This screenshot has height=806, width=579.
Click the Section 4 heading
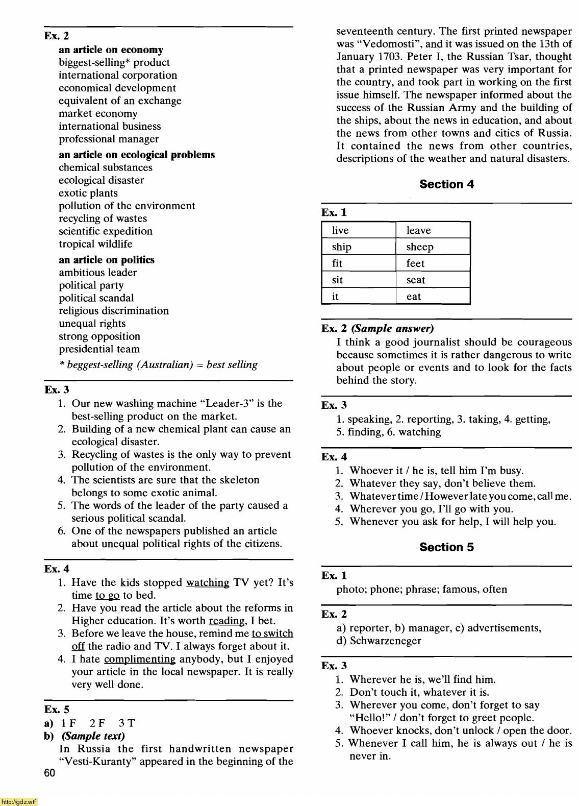point(446,184)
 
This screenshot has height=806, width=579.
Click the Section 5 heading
point(446,547)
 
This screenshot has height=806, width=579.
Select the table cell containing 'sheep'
point(433,247)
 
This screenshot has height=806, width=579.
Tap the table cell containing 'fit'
point(359,263)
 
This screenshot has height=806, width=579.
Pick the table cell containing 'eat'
point(433,297)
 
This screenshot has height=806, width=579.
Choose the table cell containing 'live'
point(359,230)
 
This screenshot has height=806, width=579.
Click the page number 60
point(49,773)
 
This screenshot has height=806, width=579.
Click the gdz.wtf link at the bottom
point(19,801)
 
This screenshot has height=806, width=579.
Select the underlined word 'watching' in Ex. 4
point(208,582)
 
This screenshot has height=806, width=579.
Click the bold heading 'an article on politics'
point(106,260)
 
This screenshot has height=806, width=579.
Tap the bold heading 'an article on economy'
point(111,50)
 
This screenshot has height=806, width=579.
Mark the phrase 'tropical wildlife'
point(95,244)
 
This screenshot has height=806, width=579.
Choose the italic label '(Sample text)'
point(93,736)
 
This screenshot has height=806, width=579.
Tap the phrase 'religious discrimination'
point(114,311)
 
